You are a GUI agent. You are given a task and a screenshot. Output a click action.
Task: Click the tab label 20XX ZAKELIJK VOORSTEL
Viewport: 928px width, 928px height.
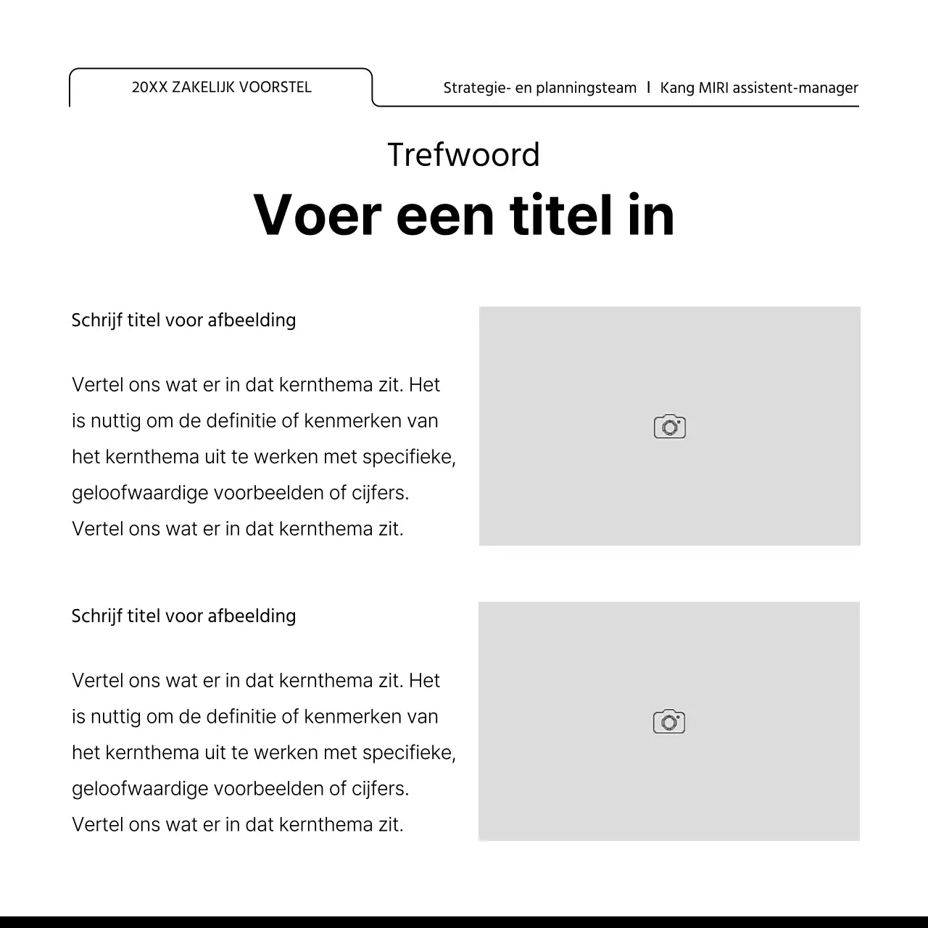(x=221, y=88)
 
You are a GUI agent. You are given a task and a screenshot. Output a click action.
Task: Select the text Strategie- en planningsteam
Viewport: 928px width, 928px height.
(x=539, y=88)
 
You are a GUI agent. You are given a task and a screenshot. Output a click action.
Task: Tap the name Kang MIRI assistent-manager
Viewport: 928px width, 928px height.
(x=758, y=88)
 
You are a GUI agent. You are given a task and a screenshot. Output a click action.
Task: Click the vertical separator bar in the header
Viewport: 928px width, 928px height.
(x=648, y=88)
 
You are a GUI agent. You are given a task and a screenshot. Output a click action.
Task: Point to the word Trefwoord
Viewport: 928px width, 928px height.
(x=463, y=155)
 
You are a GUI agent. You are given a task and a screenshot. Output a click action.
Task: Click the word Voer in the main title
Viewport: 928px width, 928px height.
(x=317, y=215)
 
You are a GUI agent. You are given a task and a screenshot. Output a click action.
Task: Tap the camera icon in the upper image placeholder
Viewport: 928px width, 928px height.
(x=669, y=426)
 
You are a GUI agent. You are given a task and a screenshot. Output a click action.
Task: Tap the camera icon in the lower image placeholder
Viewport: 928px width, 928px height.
(x=668, y=721)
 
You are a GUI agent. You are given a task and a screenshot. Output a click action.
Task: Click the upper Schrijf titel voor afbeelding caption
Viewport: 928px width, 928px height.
(x=183, y=320)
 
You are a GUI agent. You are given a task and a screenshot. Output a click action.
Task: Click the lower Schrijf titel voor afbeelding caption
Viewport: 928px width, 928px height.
(x=183, y=616)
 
